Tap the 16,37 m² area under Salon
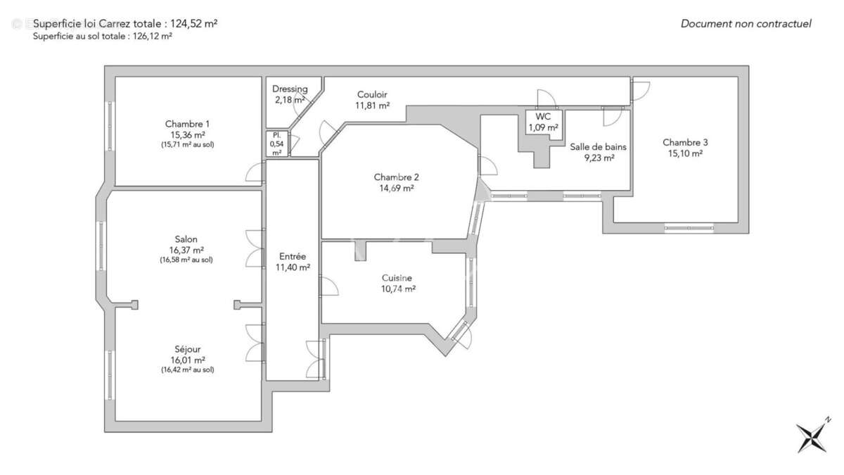187,250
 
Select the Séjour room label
187,349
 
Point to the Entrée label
292,257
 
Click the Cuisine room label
397,278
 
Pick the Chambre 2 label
397,177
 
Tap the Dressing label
290,89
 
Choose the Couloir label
372,95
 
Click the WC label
543,117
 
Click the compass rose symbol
813,436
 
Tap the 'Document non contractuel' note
746,24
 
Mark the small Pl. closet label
276,134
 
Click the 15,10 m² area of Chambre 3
685,153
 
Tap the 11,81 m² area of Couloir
372,106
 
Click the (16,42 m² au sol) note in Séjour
187,369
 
